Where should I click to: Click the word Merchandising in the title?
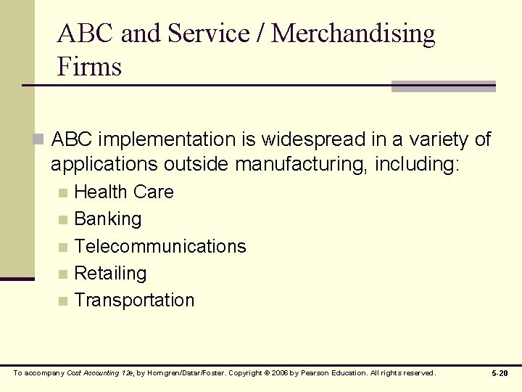[x=354, y=33]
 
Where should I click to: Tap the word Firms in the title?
[x=90, y=67]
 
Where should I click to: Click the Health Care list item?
[x=124, y=192]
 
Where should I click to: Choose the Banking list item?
[x=108, y=219]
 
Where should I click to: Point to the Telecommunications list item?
[x=160, y=247]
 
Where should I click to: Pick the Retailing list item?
[x=110, y=274]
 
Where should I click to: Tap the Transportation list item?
[x=134, y=301]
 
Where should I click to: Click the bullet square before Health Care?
[x=64, y=193]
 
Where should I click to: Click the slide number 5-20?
[x=500, y=373]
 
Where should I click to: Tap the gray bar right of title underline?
[x=443, y=86]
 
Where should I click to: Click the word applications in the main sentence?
[x=104, y=165]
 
